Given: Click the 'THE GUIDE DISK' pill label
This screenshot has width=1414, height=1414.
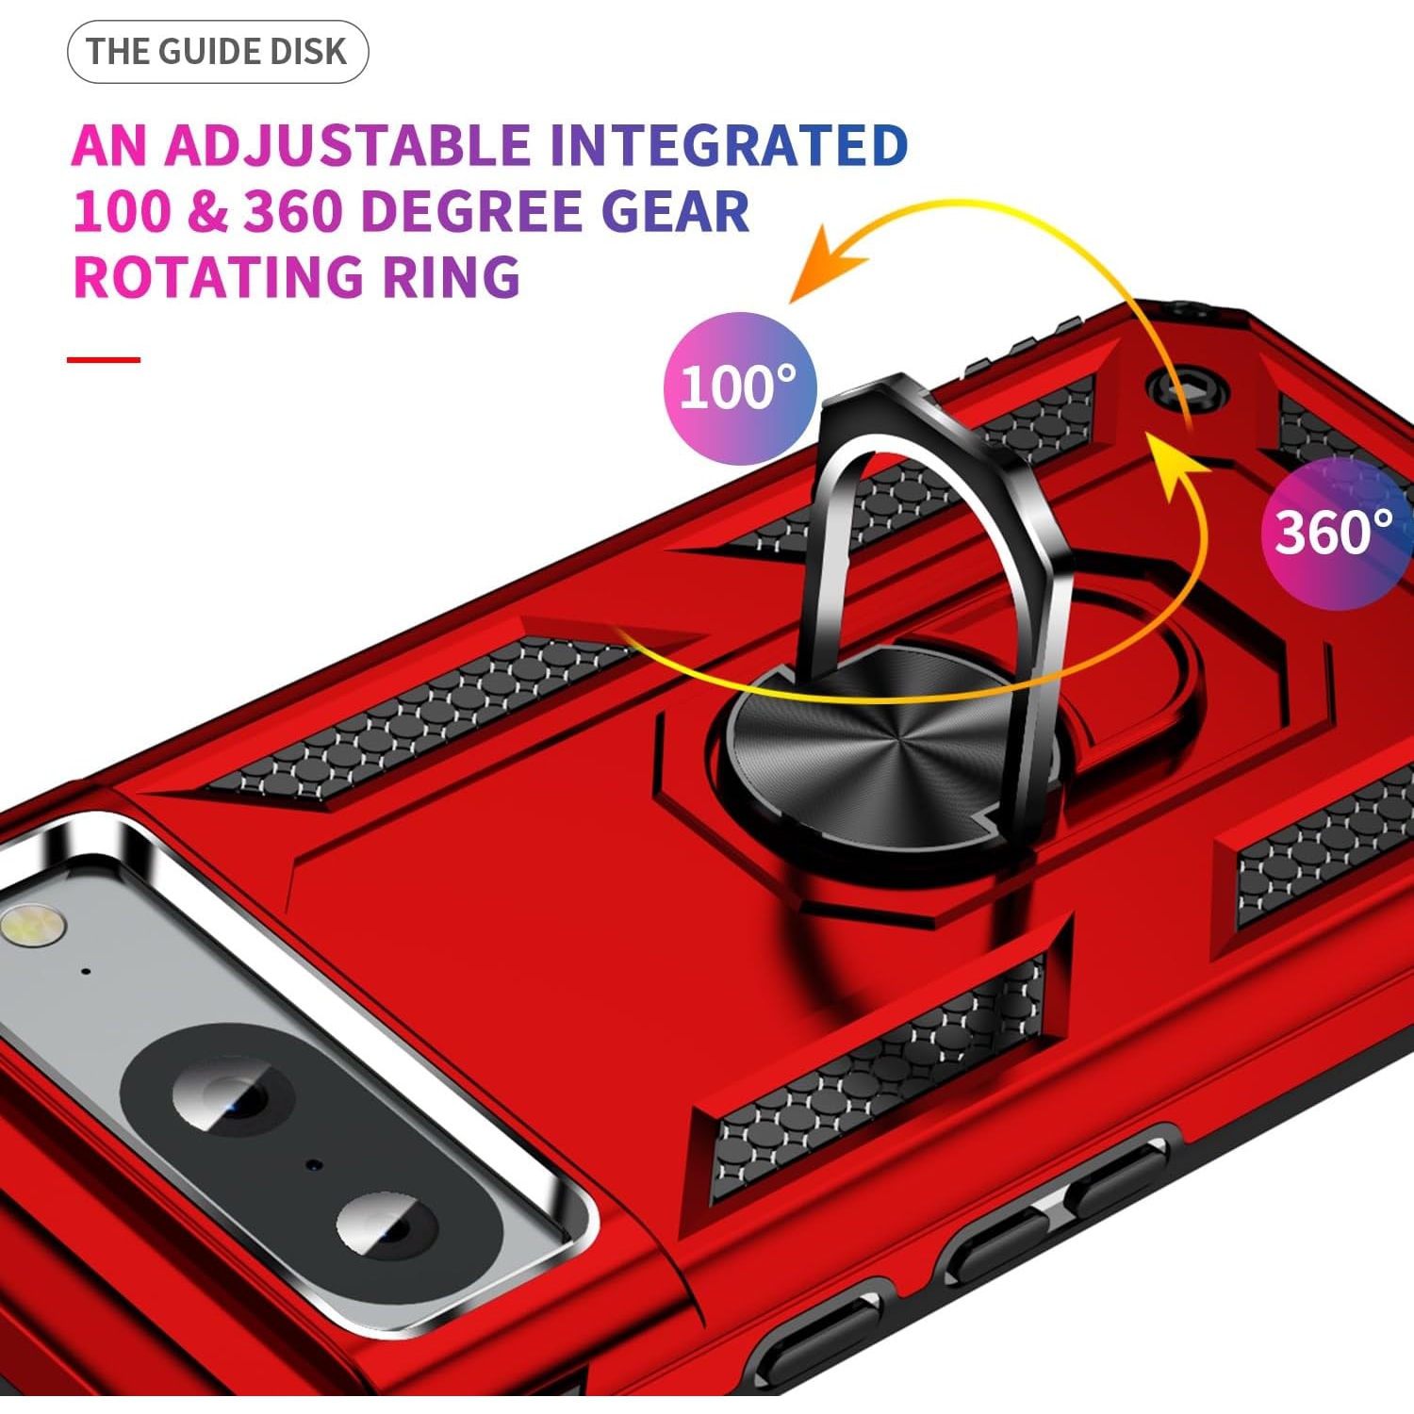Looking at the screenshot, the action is tap(218, 52).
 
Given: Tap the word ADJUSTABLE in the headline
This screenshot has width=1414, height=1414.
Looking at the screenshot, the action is tap(347, 145).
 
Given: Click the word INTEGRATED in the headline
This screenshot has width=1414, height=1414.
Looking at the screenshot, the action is tap(729, 145).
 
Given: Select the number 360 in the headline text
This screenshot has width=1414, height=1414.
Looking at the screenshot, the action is tap(292, 211).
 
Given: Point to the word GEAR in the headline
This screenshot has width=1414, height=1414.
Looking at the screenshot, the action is tap(675, 211).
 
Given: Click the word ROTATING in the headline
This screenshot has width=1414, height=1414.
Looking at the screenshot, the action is tap(218, 277).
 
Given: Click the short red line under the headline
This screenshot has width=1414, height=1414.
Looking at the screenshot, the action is tap(104, 359).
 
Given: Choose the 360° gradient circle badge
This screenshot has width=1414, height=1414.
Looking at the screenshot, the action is tap(1338, 533).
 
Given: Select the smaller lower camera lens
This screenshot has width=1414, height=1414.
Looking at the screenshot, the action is tap(387, 1225).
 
